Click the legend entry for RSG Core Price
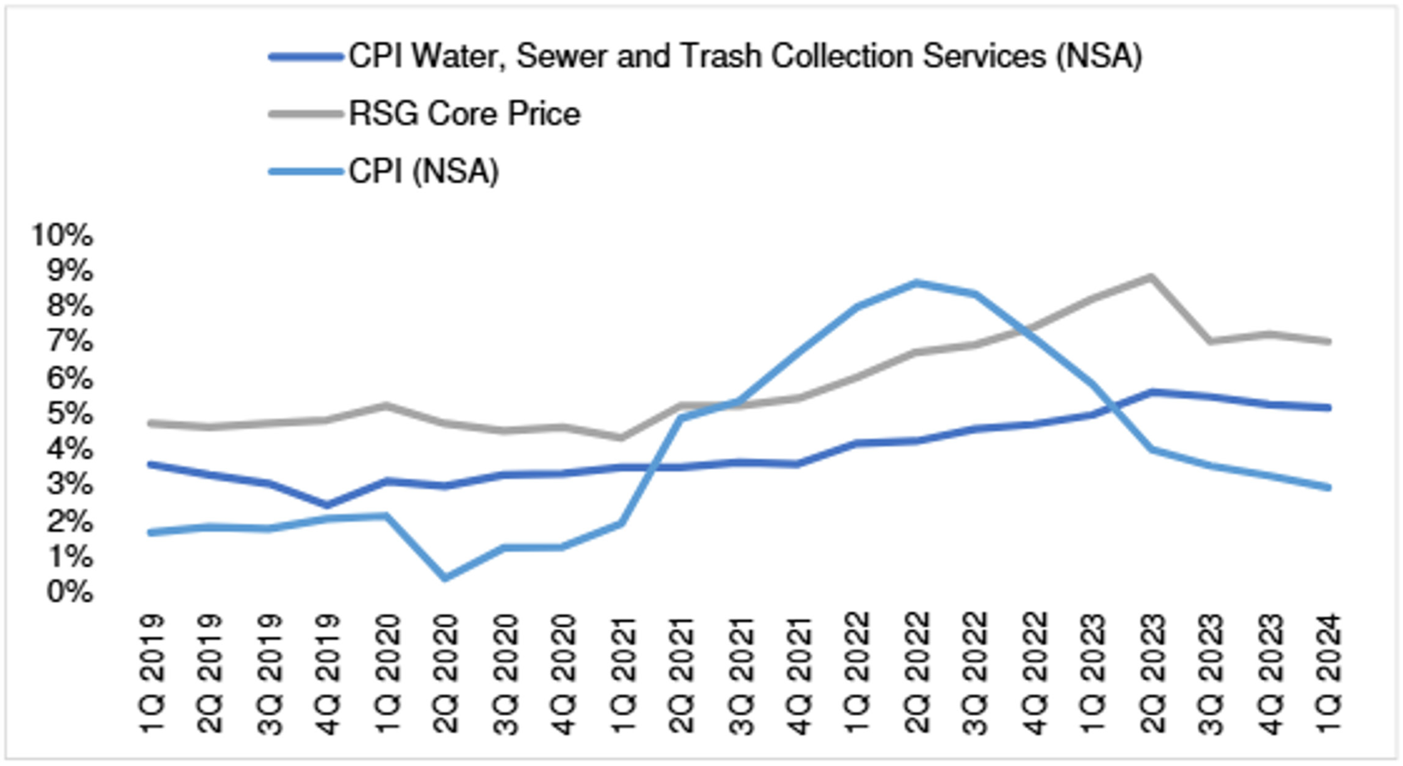pyautogui.click(x=464, y=114)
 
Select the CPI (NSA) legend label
pyautogui.click(x=424, y=171)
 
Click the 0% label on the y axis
pyautogui.click(x=70, y=592)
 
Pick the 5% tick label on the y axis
pyautogui.click(x=70, y=414)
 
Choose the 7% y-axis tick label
pyautogui.click(x=70, y=341)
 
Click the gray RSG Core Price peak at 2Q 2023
pyautogui.click(x=1151, y=277)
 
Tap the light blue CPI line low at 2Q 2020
pyautogui.click(x=445, y=578)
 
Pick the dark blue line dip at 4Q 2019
pyautogui.click(x=327, y=505)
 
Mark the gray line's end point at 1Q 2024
pyautogui.click(x=1328, y=341)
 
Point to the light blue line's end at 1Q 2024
pyautogui.click(x=1328, y=488)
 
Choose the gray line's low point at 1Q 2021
pyautogui.click(x=622, y=438)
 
